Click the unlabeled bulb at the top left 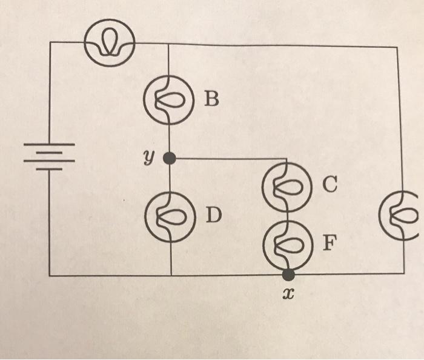coord(110,41)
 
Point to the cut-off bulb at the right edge coord(400,213)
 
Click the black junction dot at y coord(170,158)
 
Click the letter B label coord(210,99)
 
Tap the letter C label coord(329,185)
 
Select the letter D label coord(211,215)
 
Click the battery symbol coord(49,156)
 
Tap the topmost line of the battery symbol coord(49,145)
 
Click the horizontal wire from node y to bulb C coord(230,159)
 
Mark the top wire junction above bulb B coord(168,44)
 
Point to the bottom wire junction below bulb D coord(171,275)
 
